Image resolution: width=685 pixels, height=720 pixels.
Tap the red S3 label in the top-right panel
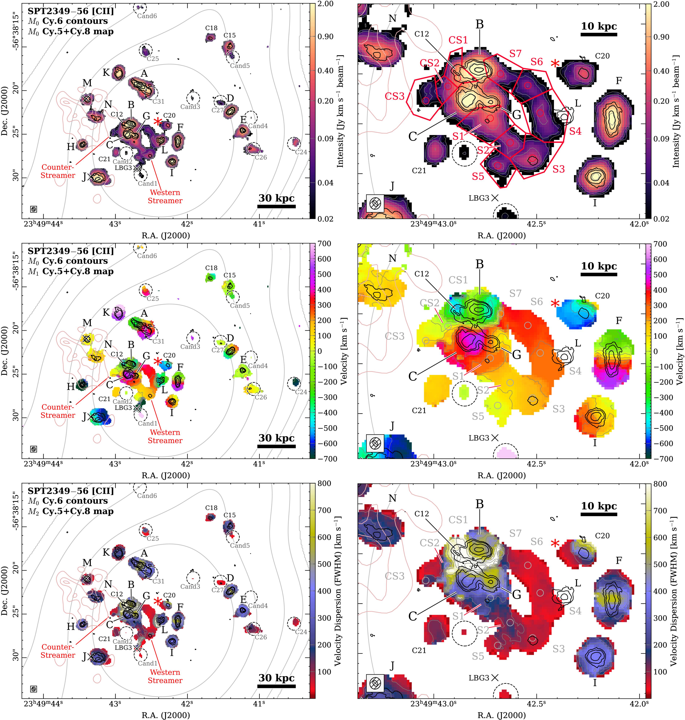click(x=558, y=169)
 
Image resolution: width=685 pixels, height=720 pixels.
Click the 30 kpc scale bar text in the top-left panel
click(x=276, y=198)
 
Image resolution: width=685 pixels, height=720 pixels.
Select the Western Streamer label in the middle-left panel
click(x=165, y=436)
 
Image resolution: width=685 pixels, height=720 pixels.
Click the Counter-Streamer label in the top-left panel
click(x=58, y=171)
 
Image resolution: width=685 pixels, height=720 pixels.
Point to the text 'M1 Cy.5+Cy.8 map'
click(x=70, y=271)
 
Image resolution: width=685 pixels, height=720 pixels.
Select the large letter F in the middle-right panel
click(x=619, y=320)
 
